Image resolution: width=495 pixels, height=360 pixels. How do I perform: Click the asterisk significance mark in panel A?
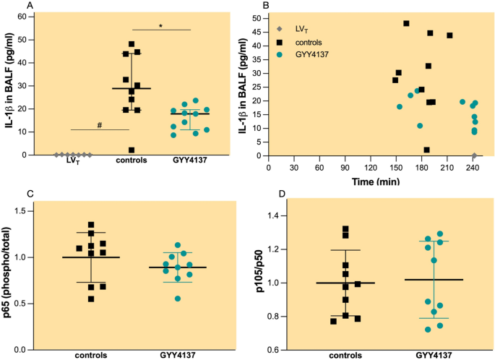click(160, 25)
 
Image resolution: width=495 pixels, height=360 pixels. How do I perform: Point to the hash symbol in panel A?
click(99, 125)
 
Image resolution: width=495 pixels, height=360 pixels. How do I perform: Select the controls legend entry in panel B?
click(308, 41)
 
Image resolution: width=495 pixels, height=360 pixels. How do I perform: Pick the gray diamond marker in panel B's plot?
click(474, 155)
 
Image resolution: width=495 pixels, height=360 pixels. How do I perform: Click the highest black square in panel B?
click(406, 23)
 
